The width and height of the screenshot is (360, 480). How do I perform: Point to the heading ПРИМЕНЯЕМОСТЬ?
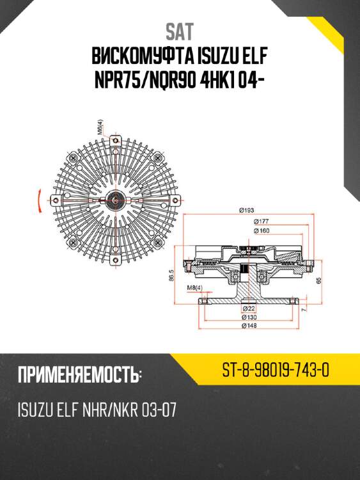coord(79,374)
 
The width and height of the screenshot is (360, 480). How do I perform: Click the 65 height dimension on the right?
coord(317,280)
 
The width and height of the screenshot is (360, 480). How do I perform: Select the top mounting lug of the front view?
coord(115,139)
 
